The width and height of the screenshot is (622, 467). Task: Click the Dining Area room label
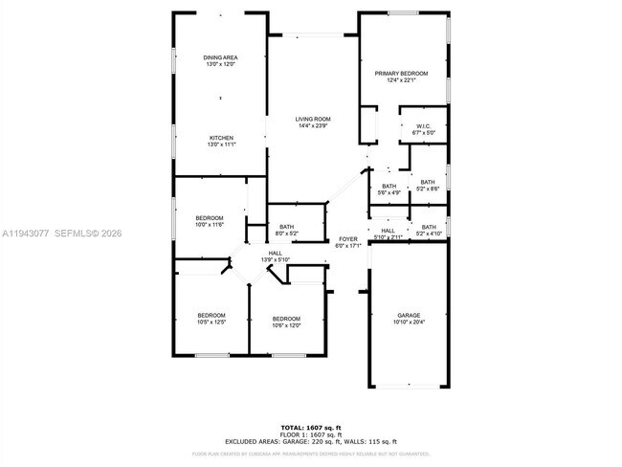pos(220,61)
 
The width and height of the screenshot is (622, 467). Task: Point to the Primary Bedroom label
pos(401,77)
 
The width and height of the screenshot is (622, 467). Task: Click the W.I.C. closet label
pos(424,129)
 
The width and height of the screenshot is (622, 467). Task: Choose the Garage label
pos(409,318)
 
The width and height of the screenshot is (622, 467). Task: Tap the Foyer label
pos(346,242)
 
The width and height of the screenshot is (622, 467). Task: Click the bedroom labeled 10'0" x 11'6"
pos(210,221)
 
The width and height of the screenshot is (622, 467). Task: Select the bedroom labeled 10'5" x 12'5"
pos(211,319)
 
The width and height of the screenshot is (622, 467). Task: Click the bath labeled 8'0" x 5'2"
pos(287,230)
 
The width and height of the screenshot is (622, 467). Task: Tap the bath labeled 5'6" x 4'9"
pos(389,189)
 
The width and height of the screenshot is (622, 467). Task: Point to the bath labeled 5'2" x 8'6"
pos(427,185)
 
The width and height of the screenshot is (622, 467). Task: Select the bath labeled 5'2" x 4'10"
pos(428,230)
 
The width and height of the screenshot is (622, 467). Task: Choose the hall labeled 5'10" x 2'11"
pos(388,233)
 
